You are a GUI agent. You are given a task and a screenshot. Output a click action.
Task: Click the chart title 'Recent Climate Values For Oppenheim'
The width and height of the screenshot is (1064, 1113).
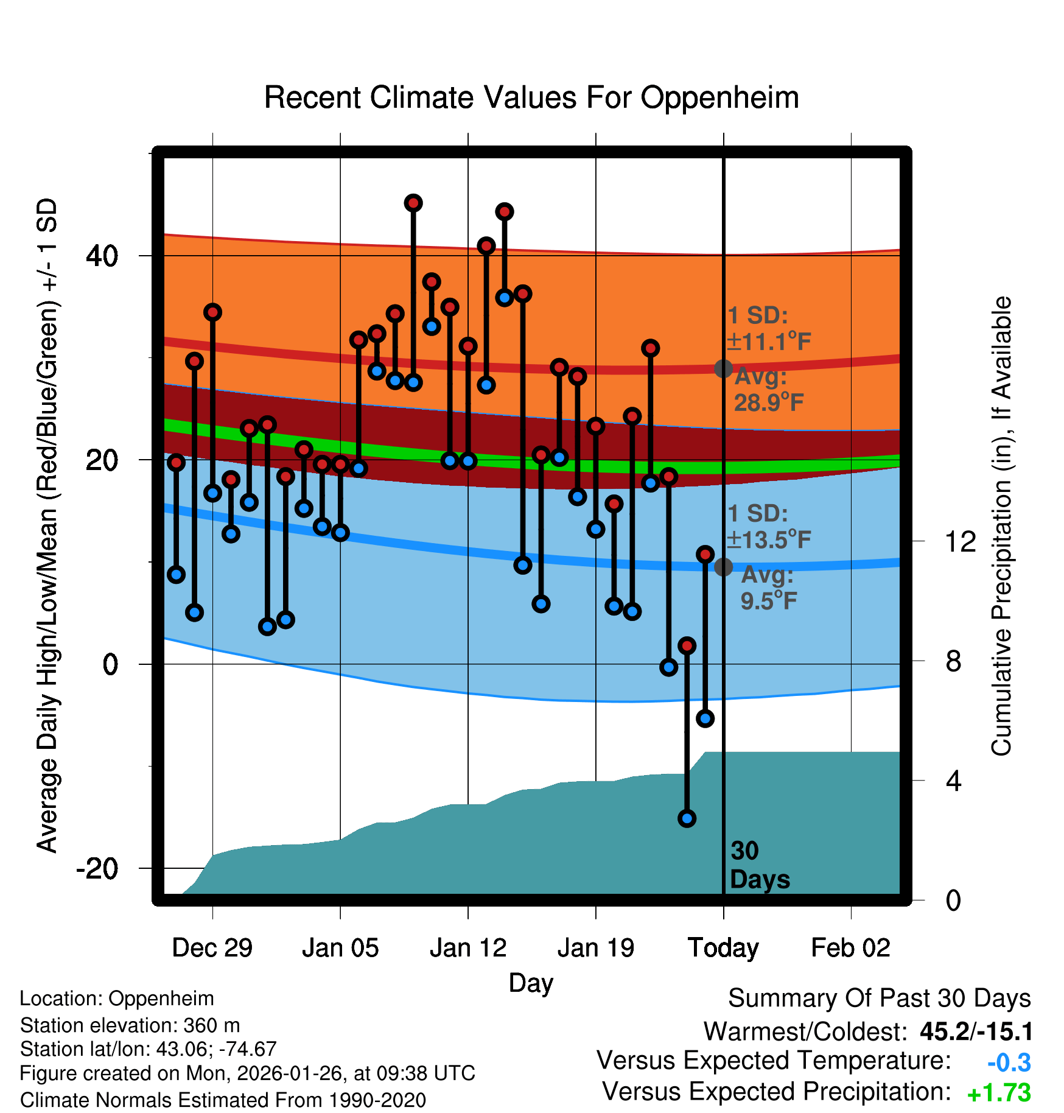click(x=531, y=97)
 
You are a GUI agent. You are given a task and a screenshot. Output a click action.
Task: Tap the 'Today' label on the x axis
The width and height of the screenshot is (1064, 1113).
click(x=723, y=948)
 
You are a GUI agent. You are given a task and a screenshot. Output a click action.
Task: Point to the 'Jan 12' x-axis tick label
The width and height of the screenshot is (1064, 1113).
click(x=467, y=948)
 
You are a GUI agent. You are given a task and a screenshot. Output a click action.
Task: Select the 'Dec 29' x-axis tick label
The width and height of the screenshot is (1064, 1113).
click(x=212, y=948)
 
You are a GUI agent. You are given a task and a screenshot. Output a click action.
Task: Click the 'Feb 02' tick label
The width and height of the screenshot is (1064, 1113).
click(x=850, y=948)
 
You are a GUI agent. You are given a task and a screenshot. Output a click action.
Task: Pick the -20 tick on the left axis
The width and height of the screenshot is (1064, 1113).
click(x=97, y=868)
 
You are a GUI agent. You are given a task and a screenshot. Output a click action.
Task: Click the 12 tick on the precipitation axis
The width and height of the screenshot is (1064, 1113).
click(x=960, y=541)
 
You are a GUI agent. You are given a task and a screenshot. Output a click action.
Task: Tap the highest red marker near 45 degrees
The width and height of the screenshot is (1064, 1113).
click(x=413, y=203)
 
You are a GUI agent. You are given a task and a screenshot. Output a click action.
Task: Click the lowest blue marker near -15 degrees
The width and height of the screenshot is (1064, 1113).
click(x=687, y=818)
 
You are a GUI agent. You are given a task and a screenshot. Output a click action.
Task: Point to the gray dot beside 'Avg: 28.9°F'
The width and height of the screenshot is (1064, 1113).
click(x=723, y=368)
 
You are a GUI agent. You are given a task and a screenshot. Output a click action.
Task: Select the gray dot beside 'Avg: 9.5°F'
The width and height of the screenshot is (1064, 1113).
click(x=723, y=567)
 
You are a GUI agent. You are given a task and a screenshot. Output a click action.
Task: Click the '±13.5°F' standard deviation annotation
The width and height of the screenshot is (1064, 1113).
click(x=769, y=539)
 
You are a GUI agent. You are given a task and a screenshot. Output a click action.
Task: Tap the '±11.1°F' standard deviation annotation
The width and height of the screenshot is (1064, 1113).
click(x=769, y=342)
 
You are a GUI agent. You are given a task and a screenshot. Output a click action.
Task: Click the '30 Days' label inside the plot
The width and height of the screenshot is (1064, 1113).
click(x=759, y=865)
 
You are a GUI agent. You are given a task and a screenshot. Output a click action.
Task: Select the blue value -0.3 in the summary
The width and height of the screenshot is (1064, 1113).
click(x=1009, y=1062)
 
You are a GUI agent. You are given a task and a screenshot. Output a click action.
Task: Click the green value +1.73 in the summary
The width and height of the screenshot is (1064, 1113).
click(x=999, y=1094)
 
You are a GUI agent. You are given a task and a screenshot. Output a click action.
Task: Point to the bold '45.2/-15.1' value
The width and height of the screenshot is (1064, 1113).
click(x=976, y=1031)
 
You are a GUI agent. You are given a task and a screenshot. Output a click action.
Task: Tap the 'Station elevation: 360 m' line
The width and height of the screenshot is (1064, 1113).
click(x=130, y=1025)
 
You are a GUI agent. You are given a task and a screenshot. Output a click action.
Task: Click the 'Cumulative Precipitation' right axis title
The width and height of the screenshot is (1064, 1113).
click(x=1001, y=526)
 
